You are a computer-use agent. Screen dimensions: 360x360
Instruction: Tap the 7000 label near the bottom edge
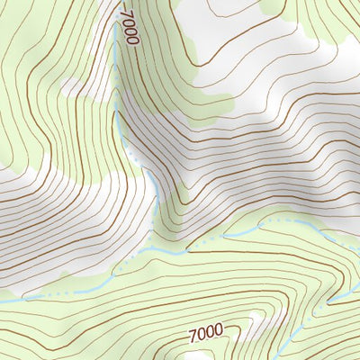205,332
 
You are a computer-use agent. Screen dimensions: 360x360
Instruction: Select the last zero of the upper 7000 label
135,40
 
